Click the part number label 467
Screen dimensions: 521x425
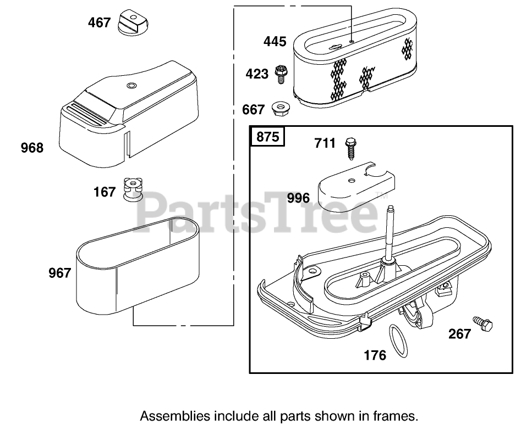click(99, 23)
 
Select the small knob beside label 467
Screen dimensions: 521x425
click(134, 22)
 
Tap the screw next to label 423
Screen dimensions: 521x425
click(281, 75)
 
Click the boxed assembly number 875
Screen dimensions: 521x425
click(268, 136)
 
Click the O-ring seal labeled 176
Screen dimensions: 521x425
click(398, 341)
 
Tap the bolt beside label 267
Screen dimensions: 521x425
click(483, 323)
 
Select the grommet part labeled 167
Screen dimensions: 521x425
click(133, 189)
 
